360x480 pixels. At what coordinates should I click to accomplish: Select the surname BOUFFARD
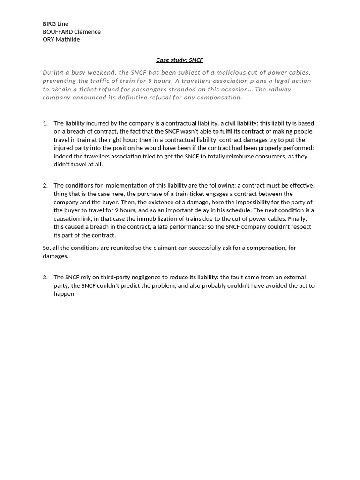(x=58, y=32)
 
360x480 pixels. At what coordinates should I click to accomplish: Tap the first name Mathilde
(x=68, y=40)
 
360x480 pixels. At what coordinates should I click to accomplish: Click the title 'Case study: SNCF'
(x=180, y=60)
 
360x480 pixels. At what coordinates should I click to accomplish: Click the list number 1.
(x=45, y=123)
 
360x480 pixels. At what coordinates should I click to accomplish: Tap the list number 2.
(x=45, y=186)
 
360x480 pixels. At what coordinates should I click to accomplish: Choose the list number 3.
(x=45, y=277)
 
